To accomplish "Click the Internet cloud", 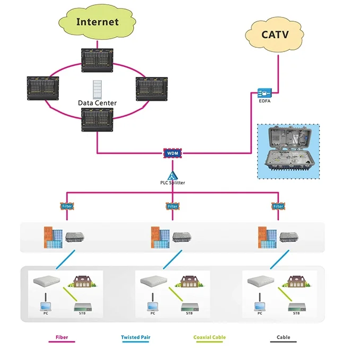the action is [97, 22].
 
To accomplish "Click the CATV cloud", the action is [275, 35].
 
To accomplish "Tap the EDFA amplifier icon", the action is [265, 93].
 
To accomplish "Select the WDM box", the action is [173, 153].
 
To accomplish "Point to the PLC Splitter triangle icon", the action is [173, 176].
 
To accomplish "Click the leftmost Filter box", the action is [67, 206].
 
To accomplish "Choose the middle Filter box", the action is [173, 206].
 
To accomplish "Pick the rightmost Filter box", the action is [278, 206].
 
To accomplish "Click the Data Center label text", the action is [97, 103].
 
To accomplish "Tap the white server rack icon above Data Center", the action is [97, 89].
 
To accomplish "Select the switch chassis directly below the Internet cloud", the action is [97, 60].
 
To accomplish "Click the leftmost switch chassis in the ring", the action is [43, 88].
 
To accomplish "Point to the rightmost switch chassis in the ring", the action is [152, 89].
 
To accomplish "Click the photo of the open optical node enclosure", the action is [288, 151].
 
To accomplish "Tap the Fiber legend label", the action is [62, 337].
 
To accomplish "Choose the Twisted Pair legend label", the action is [136, 337].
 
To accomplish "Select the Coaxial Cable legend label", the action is [209, 337].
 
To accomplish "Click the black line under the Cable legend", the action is [283, 342].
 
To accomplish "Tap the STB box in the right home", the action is [297, 307].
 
